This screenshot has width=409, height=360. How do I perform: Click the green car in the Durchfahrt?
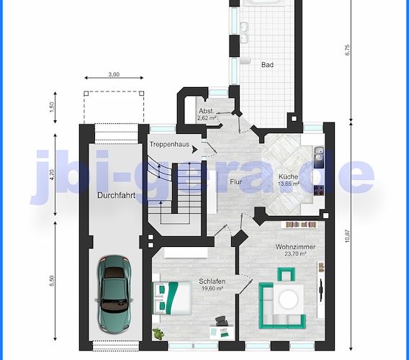coord(114,290)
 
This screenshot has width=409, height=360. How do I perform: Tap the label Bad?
coord(267,65)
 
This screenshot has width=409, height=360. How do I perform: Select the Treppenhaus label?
coord(170,145)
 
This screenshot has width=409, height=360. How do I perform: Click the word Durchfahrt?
coord(115,194)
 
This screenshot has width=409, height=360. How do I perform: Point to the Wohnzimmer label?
coord(295,247)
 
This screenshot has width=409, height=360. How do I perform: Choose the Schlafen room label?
coord(212,282)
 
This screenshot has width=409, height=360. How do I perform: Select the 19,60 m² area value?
coord(212,289)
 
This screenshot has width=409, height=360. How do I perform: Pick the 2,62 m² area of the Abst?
coord(207,117)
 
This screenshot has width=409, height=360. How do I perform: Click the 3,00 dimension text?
coord(114,75)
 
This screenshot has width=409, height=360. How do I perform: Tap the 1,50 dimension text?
coord(53,106)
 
